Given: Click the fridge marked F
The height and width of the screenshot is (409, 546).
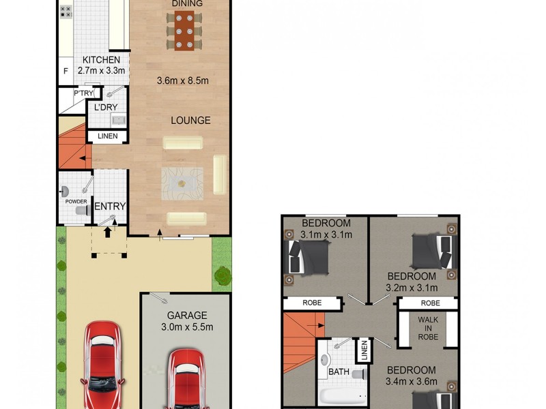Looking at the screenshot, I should [66, 71].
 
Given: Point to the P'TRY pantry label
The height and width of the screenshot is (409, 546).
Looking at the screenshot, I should [83, 93].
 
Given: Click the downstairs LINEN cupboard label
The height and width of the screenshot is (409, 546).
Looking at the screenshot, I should [107, 136].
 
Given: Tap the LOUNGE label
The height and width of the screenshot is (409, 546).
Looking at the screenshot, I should [190, 121].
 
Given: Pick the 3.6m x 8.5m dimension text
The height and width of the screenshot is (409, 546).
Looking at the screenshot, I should [182, 80].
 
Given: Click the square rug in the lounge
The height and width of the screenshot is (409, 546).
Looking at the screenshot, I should [182, 182].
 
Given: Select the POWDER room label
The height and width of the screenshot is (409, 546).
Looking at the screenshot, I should [76, 202].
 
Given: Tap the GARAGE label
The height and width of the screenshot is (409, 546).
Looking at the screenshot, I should [187, 316].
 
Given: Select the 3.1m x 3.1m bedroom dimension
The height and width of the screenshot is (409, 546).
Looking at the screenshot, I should [326, 235].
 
